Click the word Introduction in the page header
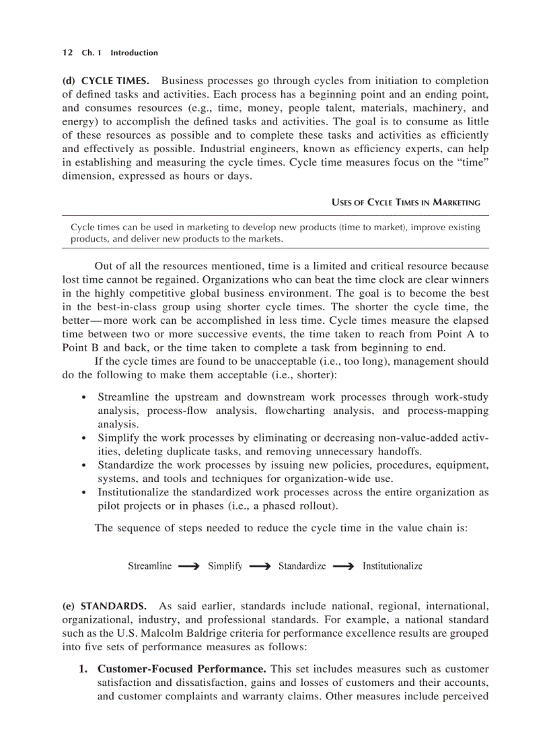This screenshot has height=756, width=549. point(134,53)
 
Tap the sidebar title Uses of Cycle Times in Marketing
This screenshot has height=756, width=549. point(406,202)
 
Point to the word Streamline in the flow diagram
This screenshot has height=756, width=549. point(149,566)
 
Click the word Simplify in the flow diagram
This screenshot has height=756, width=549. point(225,566)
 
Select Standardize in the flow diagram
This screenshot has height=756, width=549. point(302,566)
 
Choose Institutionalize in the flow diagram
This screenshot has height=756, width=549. point(392,566)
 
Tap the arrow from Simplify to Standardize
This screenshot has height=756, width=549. point(260,567)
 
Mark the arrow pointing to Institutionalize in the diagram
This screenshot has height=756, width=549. point(343,567)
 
